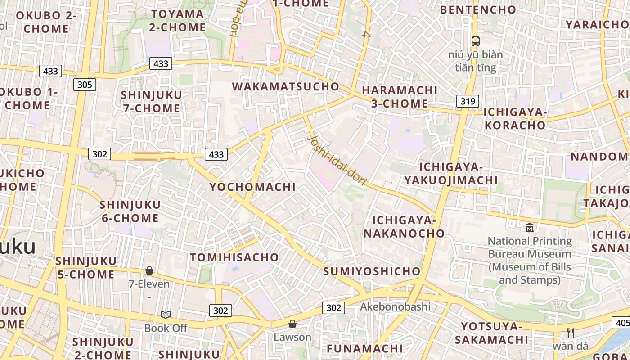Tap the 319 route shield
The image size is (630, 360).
point(468,101)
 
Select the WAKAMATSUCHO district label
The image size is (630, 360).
point(285,86)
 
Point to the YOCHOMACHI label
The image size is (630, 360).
point(252,187)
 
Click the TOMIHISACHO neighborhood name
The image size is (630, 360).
point(234,257)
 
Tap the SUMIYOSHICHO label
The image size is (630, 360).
point(372,271)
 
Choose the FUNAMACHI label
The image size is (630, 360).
point(364,348)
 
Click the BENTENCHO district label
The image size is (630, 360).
point(478,9)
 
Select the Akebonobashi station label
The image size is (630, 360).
point(395,307)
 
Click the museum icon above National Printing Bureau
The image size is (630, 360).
point(530,227)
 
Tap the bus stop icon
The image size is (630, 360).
point(476,41)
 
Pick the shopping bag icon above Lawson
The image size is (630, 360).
point(292,324)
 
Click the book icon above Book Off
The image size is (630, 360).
point(166,315)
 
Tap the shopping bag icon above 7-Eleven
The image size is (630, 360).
point(149,270)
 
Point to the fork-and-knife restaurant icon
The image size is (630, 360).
point(571,333)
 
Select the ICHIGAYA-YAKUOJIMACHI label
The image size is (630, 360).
point(451,174)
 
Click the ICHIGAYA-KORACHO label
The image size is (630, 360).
point(515,118)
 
